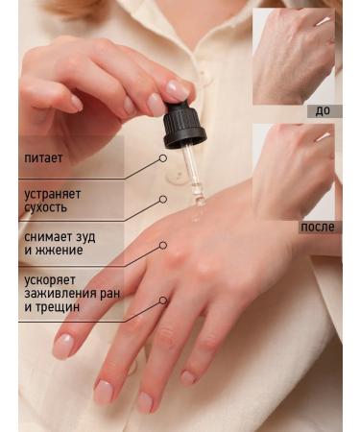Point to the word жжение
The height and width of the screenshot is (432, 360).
tap(60, 251)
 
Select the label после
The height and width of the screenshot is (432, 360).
tap(318, 227)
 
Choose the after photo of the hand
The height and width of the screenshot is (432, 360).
tap(293, 171)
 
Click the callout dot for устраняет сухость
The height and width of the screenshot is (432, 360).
tap(164, 200)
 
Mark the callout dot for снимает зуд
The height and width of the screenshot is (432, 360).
tap(163, 244)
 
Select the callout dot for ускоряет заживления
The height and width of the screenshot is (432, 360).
tap(162, 300)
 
